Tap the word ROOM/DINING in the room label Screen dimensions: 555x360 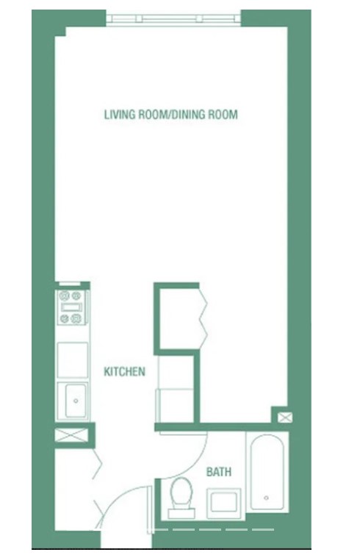coord(170,115)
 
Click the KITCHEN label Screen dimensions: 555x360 coord(124,372)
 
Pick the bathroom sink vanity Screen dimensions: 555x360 coord(223,503)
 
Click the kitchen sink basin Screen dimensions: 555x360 coord(74,400)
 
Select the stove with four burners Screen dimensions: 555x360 coord(72,307)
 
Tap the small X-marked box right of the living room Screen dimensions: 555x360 coord(284,418)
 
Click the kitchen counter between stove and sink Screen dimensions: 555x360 coord(73,359)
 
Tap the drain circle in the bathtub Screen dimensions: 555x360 coord(265,499)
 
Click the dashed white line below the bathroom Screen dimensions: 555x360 coord(213,529)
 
